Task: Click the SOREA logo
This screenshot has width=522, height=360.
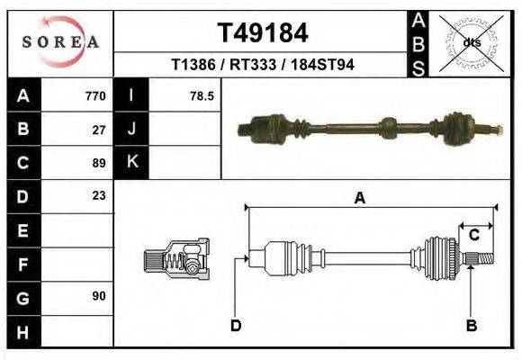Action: click(60, 40)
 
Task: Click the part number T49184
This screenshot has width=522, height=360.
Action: click(263, 33)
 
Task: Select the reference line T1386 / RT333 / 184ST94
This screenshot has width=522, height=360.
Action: click(263, 65)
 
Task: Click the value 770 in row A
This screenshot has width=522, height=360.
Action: click(95, 95)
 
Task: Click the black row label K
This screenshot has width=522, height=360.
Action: click(131, 162)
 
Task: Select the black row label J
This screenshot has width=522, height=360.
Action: click(131, 129)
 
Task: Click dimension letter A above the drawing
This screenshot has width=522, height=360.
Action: click(359, 199)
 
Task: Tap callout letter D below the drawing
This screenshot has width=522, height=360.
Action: click(235, 325)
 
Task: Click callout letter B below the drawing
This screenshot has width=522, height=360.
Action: click(470, 325)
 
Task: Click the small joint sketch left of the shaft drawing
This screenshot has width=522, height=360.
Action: click(176, 260)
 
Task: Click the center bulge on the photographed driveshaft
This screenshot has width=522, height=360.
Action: click(388, 127)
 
